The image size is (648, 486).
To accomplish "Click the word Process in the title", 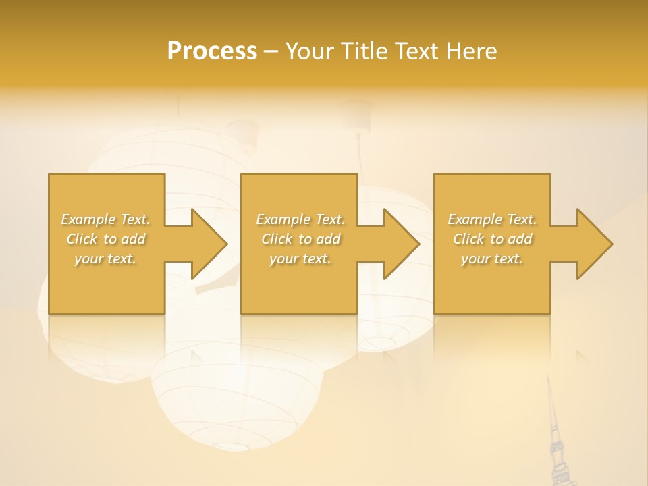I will tap(212, 51).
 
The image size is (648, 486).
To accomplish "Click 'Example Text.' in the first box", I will tap(105, 219).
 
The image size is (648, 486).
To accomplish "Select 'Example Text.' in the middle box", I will tap(300, 219).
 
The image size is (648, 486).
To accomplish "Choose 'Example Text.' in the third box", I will tap(492, 219).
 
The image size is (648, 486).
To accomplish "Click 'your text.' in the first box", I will tap(105, 259).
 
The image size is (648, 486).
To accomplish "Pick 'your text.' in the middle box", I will tap(300, 259).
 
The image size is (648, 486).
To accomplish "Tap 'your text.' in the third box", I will tap(492, 259).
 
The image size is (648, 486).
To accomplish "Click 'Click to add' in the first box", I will tap(105, 239).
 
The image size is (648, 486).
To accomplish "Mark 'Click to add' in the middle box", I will tap(300, 239).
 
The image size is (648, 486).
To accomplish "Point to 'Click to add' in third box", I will tap(492, 239).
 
